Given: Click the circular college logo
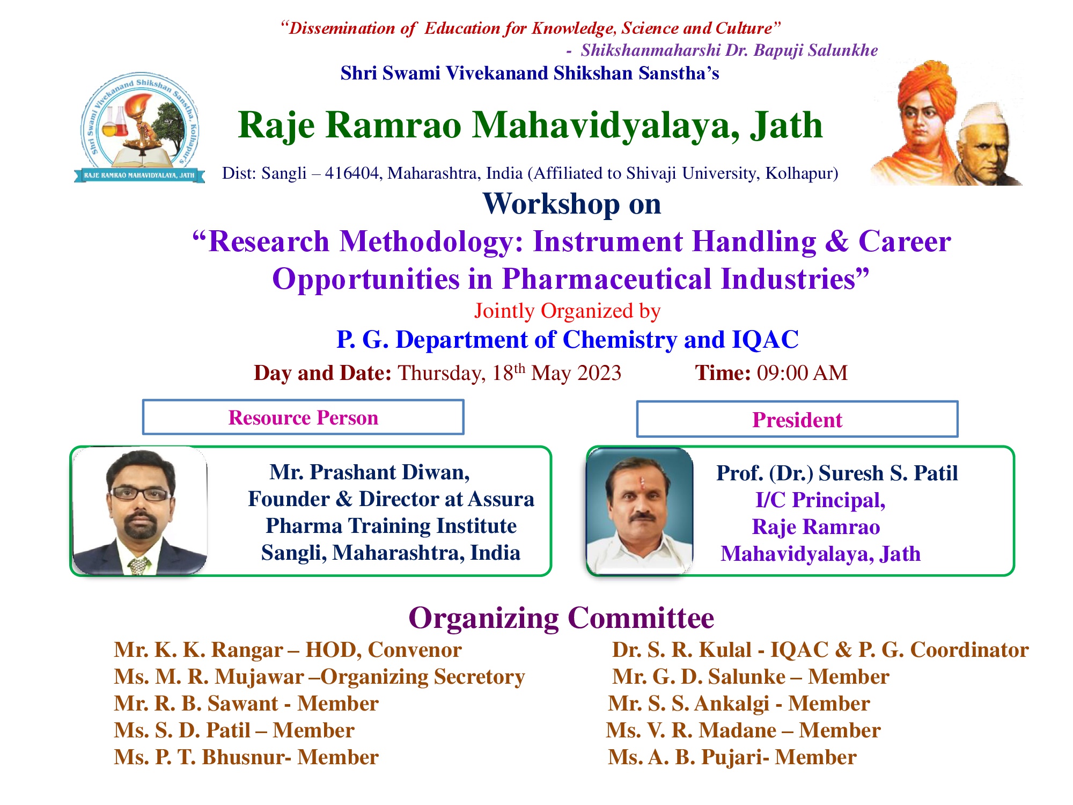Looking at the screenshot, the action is [x=139, y=128].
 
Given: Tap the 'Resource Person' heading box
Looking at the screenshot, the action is [x=303, y=417].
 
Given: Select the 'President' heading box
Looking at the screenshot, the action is [x=797, y=419].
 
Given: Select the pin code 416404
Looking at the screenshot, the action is [x=351, y=173].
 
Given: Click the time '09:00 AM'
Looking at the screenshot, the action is [x=802, y=373].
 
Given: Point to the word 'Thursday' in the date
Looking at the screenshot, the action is [x=440, y=374].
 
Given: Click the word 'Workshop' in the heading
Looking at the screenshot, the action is [x=551, y=204].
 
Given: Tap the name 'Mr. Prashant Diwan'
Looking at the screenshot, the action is [x=369, y=472].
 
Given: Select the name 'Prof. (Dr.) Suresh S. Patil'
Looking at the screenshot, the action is [x=837, y=473].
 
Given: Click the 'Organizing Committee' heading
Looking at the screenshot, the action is [x=561, y=618].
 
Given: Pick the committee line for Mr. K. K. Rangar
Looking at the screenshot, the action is [x=288, y=650].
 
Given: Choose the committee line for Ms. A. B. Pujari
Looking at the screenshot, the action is [x=732, y=757].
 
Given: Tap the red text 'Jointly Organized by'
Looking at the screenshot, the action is [x=567, y=311].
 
